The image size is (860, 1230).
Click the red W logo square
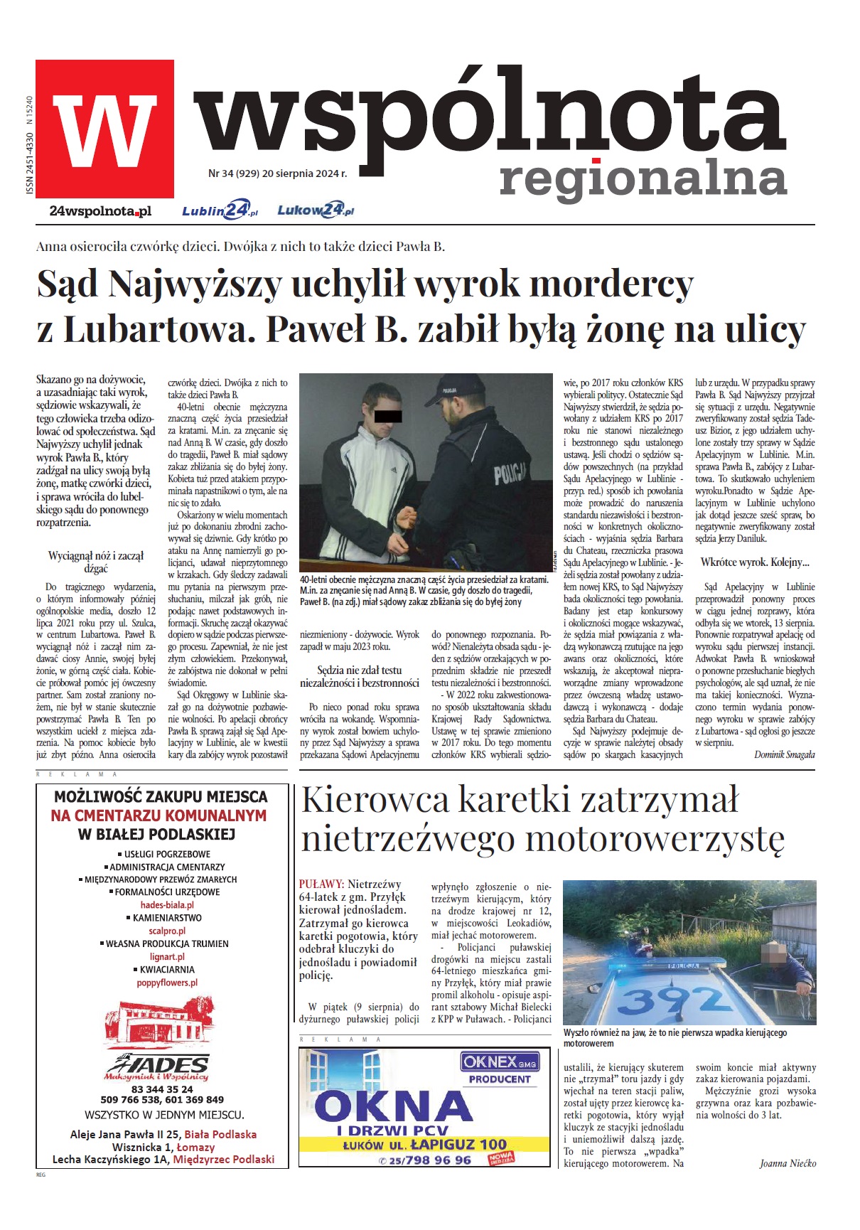coord(104,129)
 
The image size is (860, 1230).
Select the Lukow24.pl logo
coord(315,210)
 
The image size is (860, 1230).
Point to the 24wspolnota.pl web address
coord(100,211)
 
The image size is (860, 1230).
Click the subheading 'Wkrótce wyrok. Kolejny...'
coord(755,562)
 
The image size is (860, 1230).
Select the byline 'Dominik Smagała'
coord(784,754)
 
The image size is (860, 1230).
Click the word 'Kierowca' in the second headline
coord(375,799)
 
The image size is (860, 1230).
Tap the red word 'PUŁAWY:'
coord(321,884)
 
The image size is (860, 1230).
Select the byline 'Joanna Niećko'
coord(788,1164)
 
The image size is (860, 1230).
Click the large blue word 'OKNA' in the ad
coord(393,1106)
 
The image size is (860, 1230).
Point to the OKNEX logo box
coord(500,1062)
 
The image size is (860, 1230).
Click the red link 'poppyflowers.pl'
coord(167,983)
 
